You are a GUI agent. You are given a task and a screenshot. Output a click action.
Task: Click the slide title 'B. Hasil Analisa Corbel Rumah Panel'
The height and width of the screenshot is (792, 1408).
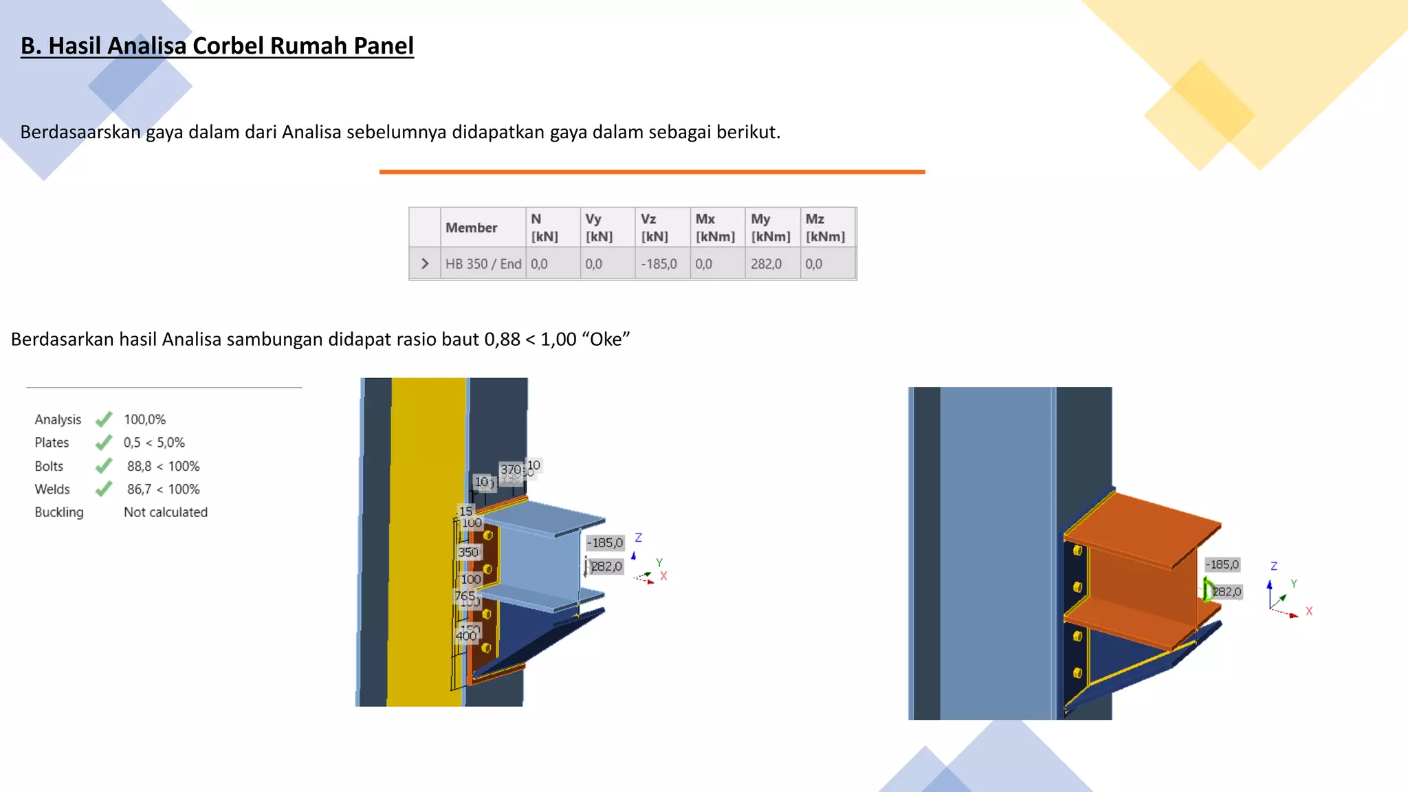(x=217, y=46)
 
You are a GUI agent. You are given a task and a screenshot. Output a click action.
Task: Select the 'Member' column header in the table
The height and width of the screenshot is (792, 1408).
(x=471, y=228)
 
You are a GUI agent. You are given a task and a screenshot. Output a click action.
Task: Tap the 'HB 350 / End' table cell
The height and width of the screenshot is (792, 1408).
(x=483, y=264)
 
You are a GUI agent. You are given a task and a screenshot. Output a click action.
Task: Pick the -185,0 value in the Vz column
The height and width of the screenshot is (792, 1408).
(x=659, y=264)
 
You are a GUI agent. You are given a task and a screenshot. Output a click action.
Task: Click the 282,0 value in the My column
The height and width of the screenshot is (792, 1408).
(x=766, y=264)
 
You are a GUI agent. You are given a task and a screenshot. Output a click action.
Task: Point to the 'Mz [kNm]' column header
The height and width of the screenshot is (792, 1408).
(x=825, y=228)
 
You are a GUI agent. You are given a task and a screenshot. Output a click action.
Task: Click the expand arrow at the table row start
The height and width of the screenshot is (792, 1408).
(x=425, y=264)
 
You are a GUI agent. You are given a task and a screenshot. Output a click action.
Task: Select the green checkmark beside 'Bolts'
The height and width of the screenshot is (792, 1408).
(x=104, y=466)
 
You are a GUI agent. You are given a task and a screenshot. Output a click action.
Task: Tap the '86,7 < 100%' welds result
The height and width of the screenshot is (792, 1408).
(x=163, y=489)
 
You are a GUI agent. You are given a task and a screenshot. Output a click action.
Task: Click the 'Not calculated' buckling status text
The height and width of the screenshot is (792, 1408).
(x=166, y=512)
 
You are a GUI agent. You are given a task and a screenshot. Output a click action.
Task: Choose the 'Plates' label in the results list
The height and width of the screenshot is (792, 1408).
(x=52, y=443)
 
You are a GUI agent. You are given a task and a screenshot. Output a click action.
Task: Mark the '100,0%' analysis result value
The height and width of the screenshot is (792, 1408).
(x=144, y=419)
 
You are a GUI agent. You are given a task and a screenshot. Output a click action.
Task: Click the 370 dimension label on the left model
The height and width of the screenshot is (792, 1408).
(x=510, y=470)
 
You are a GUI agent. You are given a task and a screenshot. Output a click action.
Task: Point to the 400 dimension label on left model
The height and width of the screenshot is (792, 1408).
(x=466, y=636)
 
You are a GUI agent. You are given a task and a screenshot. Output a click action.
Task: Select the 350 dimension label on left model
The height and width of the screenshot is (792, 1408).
(x=468, y=552)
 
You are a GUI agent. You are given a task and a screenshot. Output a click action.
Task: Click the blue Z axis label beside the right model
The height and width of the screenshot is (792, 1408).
(x=1274, y=566)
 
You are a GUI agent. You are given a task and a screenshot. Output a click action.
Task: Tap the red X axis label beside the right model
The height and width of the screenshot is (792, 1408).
(x=1309, y=611)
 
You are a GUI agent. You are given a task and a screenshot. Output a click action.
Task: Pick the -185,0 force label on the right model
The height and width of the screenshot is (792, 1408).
(x=1222, y=564)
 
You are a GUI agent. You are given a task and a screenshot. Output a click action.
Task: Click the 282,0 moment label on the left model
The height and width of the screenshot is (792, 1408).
(x=606, y=566)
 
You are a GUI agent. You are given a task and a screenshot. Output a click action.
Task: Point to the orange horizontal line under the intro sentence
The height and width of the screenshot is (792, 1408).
(x=652, y=172)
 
